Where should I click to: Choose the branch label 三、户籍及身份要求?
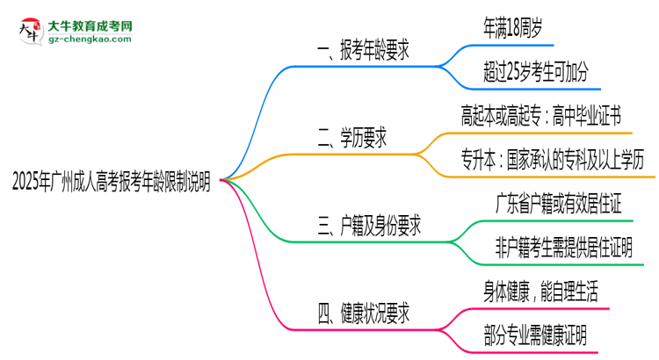click(x=368, y=227)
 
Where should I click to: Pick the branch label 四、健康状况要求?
click(x=362, y=312)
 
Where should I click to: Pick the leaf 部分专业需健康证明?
click(x=535, y=334)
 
